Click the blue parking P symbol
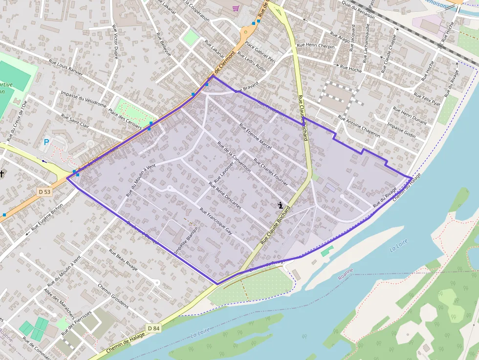click(x=46, y=142)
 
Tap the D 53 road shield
click(x=45, y=192)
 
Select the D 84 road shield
click(x=153, y=328)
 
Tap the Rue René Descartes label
click(x=225, y=195)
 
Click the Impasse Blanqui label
click(x=186, y=241)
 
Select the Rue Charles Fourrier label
click(x=271, y=171)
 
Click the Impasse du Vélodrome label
click(x=84, y=99)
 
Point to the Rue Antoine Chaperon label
click(x=359, y=126)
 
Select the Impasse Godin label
click(x=401, y=130)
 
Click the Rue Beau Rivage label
click(x=124, y=260)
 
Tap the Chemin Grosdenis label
click(x=113, y=296)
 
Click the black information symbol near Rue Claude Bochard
click(x=280, y=205)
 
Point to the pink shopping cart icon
click(x=236, y=8)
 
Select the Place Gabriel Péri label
click(x=260, y=52)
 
